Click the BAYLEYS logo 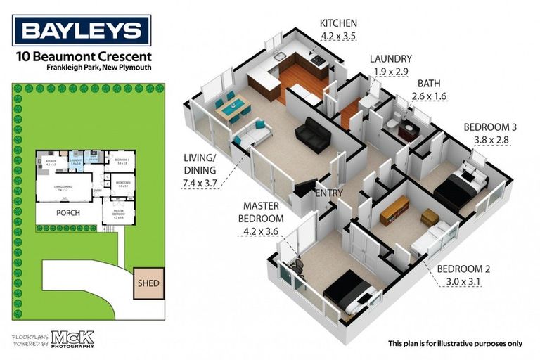click(x=82, y=30)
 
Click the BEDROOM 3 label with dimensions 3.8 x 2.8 click(x=490, y=133)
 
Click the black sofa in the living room click(x=313, y=134)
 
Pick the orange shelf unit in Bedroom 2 click(x=394, y=210)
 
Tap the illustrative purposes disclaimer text click(x=455, y=343)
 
